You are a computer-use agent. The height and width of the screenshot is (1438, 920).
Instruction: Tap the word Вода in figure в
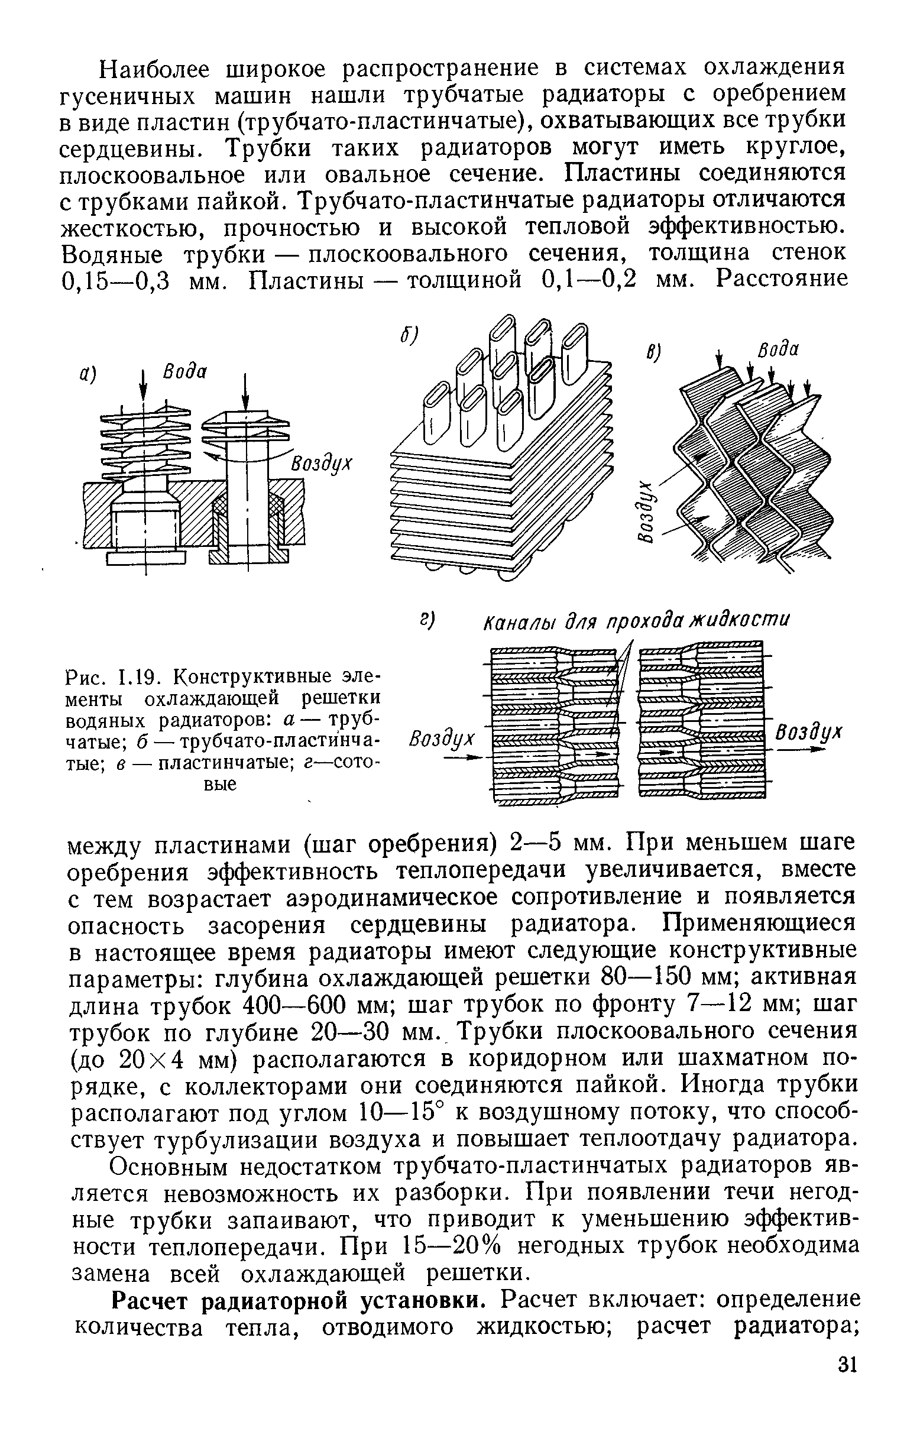(779, 349)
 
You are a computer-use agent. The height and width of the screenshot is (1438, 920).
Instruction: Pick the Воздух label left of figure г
(442, 740)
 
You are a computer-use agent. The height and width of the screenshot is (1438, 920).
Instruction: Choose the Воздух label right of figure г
(809, 733)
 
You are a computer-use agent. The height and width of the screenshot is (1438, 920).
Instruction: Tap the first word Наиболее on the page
(157, 69)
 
